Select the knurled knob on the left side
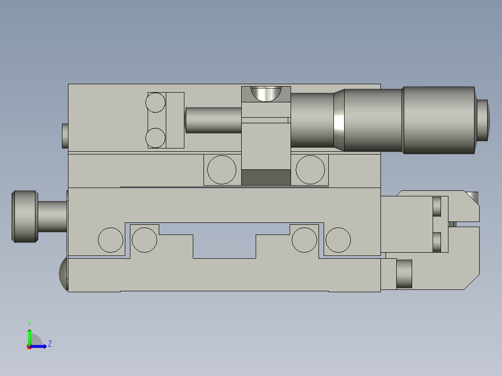click(x=24, y=216)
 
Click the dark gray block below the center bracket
click(x=266, y=177)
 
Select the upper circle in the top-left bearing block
click(x=156, y=102)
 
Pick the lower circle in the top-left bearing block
click(x=156, y=138)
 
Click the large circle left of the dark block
click(x=222, y=170)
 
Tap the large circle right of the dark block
click(x=310, y=170)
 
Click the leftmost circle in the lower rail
click(x=111, y=240)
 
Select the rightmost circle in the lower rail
click(x=338, y=240)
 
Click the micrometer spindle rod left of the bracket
click(x=213, y=120)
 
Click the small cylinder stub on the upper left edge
click(x=65, y=135)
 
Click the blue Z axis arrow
click(x=40, y=346)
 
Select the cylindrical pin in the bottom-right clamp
click(x=404, y=273)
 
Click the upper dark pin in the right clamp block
click(x=437, y=207)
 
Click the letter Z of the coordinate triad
click(x=49, y=344)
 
